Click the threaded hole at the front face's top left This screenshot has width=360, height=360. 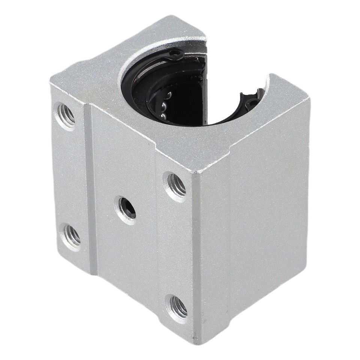pos(66,115)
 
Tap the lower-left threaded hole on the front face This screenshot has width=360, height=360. pos(71,236)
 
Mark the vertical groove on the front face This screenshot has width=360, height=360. pos(90,187)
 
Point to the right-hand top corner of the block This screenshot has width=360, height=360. pos(309,98)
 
